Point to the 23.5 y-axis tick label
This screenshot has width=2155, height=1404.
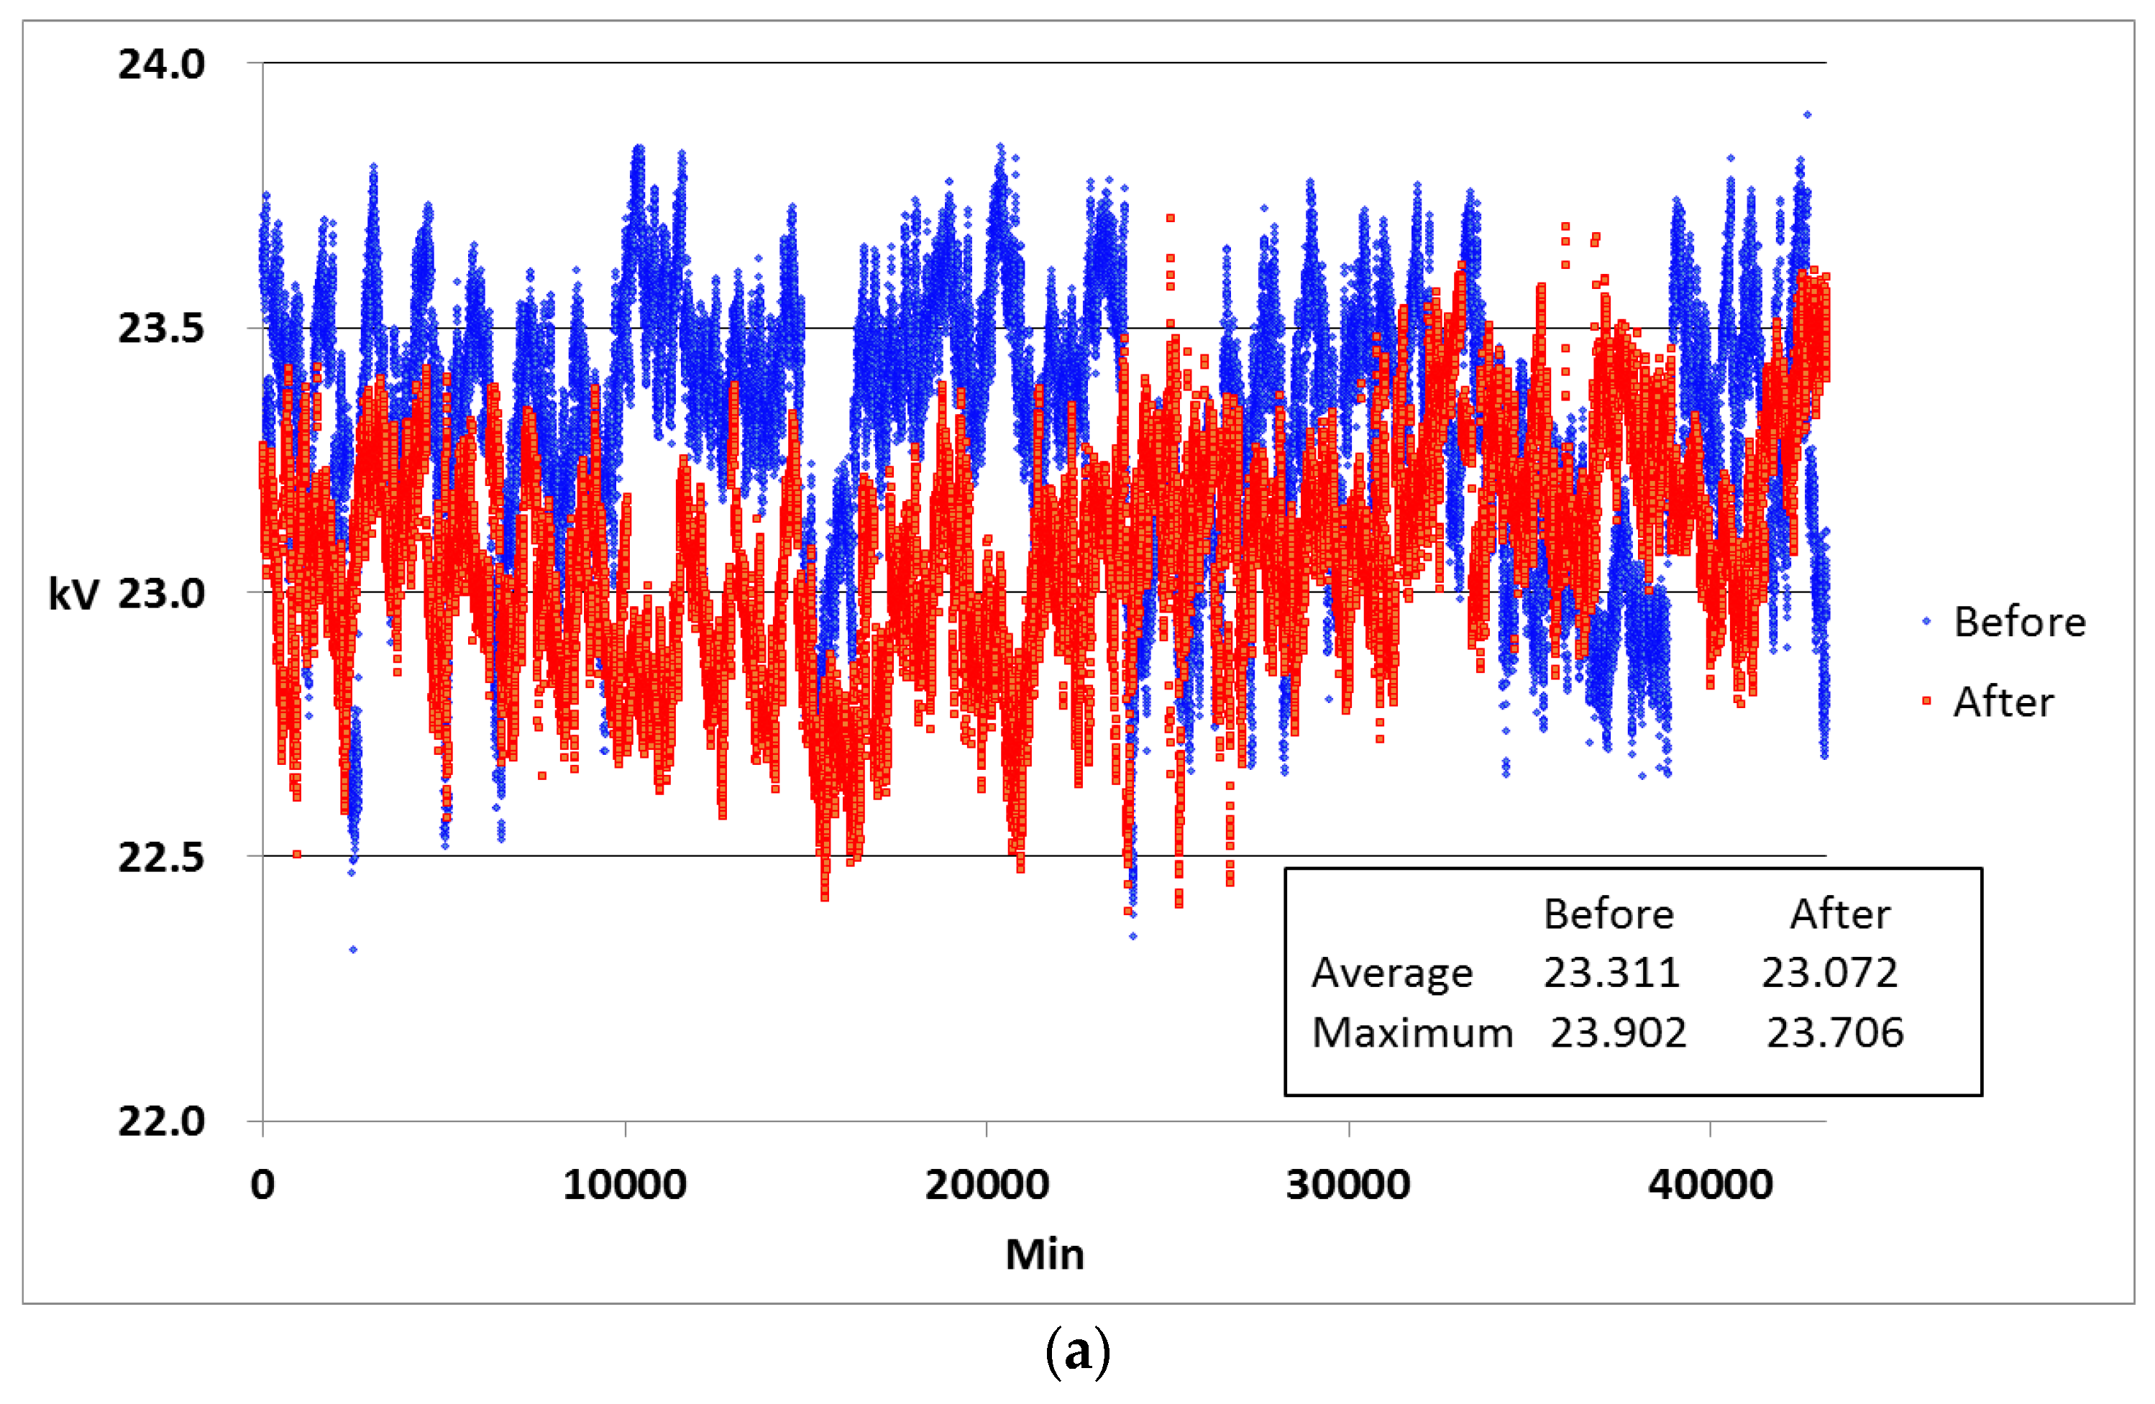(161, 328)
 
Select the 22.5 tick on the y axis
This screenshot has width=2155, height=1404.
(161, 856)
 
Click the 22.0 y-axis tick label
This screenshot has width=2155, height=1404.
(161, 1121)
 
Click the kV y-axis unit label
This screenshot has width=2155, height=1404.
(73, 594)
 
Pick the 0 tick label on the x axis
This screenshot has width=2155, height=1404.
(262, 1185)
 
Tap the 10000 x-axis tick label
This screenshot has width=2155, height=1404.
(625, 1185)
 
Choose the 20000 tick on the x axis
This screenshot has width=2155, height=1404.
(987, 1185)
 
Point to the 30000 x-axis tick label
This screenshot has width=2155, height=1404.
(1348, 1185)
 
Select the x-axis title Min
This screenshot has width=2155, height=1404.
(1044, 1254)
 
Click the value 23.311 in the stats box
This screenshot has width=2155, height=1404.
(1611, 972)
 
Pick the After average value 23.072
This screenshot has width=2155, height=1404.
(1829, 972)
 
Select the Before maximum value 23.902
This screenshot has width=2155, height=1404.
(1618, 1033)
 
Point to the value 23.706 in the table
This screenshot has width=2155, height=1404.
(1835, 1033)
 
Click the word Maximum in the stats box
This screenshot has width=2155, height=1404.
(1412, 1033)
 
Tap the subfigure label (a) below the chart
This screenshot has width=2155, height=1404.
(1076, 1352)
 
